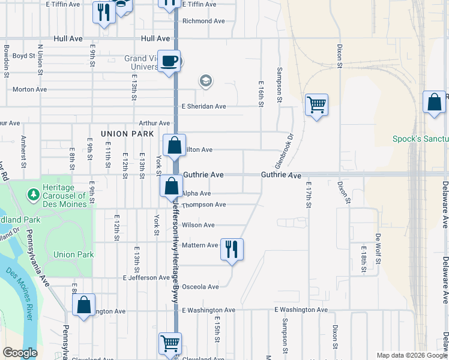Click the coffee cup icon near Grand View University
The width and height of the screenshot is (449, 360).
coord(169,61)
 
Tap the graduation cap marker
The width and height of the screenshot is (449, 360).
coord(206,81)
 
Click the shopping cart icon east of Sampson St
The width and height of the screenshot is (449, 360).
coord(316,105)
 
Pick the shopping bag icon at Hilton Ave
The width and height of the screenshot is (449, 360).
coord(174,145)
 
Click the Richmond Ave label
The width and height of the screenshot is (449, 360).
coord(203,21)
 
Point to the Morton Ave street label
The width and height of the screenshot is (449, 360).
coord(29,89)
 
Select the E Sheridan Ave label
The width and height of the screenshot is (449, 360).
coord(203,106)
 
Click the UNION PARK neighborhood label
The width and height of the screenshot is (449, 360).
coord(128,134)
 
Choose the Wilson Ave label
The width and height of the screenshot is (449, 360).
coord(198,225)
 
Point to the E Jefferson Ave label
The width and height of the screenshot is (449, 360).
coord(146,278)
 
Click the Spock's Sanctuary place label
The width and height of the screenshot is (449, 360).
coord(420,139)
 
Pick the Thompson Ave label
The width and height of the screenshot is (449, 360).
coord(203,205)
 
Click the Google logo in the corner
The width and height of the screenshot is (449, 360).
coord(20,353)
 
